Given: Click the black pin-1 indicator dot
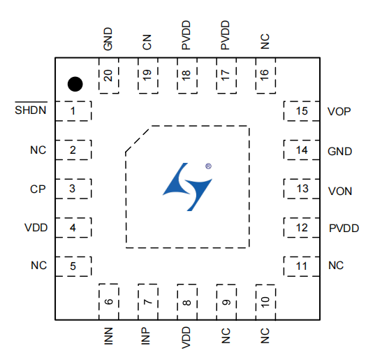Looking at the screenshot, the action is [75, 84].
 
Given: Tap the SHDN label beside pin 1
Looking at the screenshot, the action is [31, 110].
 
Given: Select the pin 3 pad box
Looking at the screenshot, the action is [73, 189].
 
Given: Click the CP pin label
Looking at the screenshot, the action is [38, 189].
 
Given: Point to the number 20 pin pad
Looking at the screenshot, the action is [109, 75].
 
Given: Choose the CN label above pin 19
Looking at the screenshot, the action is [147, 42].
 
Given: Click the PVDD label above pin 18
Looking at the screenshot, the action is [186, 35].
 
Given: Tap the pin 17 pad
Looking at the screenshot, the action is [226, 75].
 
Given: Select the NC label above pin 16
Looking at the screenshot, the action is [265, 41].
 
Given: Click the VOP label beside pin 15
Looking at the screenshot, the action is [339, 112].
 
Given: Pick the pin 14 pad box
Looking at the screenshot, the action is [302, 150].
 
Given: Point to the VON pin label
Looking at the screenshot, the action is [340, 191].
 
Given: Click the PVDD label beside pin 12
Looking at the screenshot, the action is [344, 228].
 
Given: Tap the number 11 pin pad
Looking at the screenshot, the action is [302, 266].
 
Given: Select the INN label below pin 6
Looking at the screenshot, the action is [108, 336].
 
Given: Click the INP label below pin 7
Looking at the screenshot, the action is [146, 336].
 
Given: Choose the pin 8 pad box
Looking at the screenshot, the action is [187, 302].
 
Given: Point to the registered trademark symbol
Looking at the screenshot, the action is [208, 166].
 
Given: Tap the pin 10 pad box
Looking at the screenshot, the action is [265, 302].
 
